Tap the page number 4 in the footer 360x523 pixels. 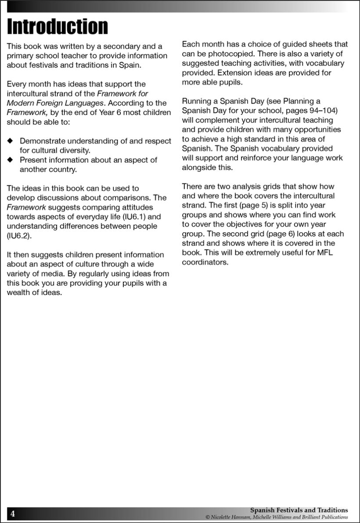point(13,514)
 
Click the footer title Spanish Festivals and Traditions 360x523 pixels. point(299,510)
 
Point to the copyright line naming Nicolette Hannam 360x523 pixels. point(277,517)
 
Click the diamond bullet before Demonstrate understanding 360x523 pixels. point(11,141)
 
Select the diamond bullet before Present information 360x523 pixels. point(11,160)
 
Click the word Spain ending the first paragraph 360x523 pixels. point(124,65)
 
